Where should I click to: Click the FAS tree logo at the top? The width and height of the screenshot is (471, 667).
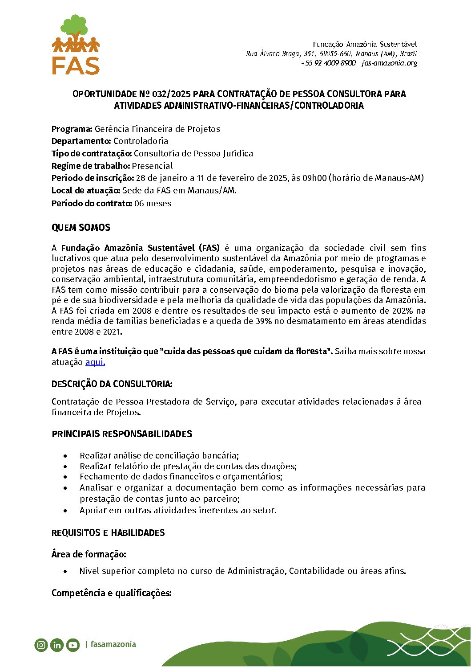pyautogui.click(x=76, y=45)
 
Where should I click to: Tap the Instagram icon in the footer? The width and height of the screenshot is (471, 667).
pyautogui.click(x=41, y=645)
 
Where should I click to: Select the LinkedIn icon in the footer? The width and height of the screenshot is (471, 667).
pyautogui.click(x=57, y=645)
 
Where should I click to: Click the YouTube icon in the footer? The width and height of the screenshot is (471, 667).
pyautogui.click(x=73, y=645)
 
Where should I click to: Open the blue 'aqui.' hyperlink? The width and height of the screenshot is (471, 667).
pyautogui.click(x=95, y=362)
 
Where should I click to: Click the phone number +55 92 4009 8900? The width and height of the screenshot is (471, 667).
pyautogui.click(x=328, y=63)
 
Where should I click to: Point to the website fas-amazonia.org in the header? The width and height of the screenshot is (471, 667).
pyautogui.click(x=389, y=63)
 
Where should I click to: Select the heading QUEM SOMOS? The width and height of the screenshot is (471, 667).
pyautogui.click(x=81, y=228)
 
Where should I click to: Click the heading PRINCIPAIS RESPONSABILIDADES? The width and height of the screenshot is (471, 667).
pyautogui.click(x=122, y=434)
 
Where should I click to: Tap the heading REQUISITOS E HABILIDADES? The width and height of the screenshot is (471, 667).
pyautogui.click(x=108, y=533)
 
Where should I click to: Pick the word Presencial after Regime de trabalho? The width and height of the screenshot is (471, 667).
pyautogui.click(x=152, y=166)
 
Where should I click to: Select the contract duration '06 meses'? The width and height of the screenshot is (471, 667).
pyautogui.click(x=153, y=204)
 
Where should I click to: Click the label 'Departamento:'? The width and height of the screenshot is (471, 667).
pyautogui.click(x=81, y=141)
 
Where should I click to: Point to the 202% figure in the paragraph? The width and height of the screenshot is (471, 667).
pyautogui.click(x=403, y=311)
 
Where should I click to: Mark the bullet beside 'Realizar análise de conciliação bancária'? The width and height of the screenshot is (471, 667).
pyautogui.click(x=66, y=456)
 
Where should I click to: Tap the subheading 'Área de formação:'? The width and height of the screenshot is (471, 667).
pyautogui.click(x=89, y=554)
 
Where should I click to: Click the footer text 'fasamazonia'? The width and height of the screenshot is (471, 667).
pyautogui.click(x=113, y=644)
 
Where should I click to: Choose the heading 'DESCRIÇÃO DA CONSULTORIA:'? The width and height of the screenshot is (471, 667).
pyautogui.click(x=112, y=384)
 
